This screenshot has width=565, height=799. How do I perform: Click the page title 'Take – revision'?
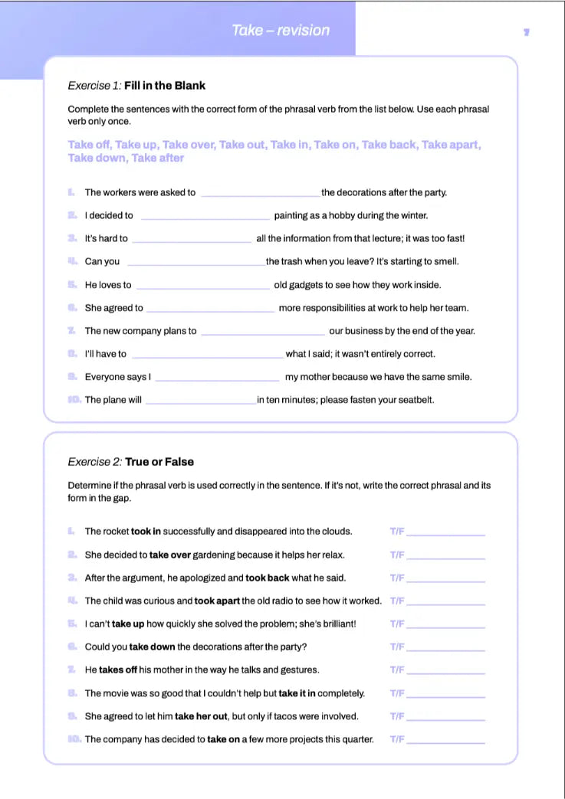[281, 31]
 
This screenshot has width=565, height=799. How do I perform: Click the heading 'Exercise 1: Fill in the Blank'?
[136, 86]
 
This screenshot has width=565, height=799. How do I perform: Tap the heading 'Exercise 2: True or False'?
[130, 462]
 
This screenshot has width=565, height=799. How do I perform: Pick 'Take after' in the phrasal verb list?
[157, 158]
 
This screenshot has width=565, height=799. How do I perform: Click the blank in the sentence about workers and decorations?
[260, 193]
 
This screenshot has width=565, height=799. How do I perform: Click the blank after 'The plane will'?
[200, 401]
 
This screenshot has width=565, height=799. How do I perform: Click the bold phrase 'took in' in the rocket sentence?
[146, 532]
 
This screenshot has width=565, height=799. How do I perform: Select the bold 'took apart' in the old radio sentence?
[218, 601]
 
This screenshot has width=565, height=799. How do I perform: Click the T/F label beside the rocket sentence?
[396, 532]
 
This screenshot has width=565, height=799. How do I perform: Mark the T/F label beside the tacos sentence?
[396, 717]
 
